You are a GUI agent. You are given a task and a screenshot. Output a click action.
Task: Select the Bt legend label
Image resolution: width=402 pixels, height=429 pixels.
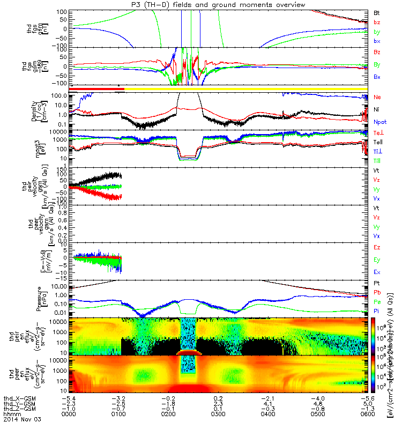(x=376, y=12)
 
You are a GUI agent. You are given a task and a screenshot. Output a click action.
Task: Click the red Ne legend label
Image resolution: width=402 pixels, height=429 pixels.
(x=376, y=97)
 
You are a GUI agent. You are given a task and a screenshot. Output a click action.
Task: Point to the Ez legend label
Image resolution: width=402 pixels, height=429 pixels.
(x=376, y=248)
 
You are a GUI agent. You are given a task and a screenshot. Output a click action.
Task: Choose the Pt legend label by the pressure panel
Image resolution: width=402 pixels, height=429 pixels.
(x=376, y=283)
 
